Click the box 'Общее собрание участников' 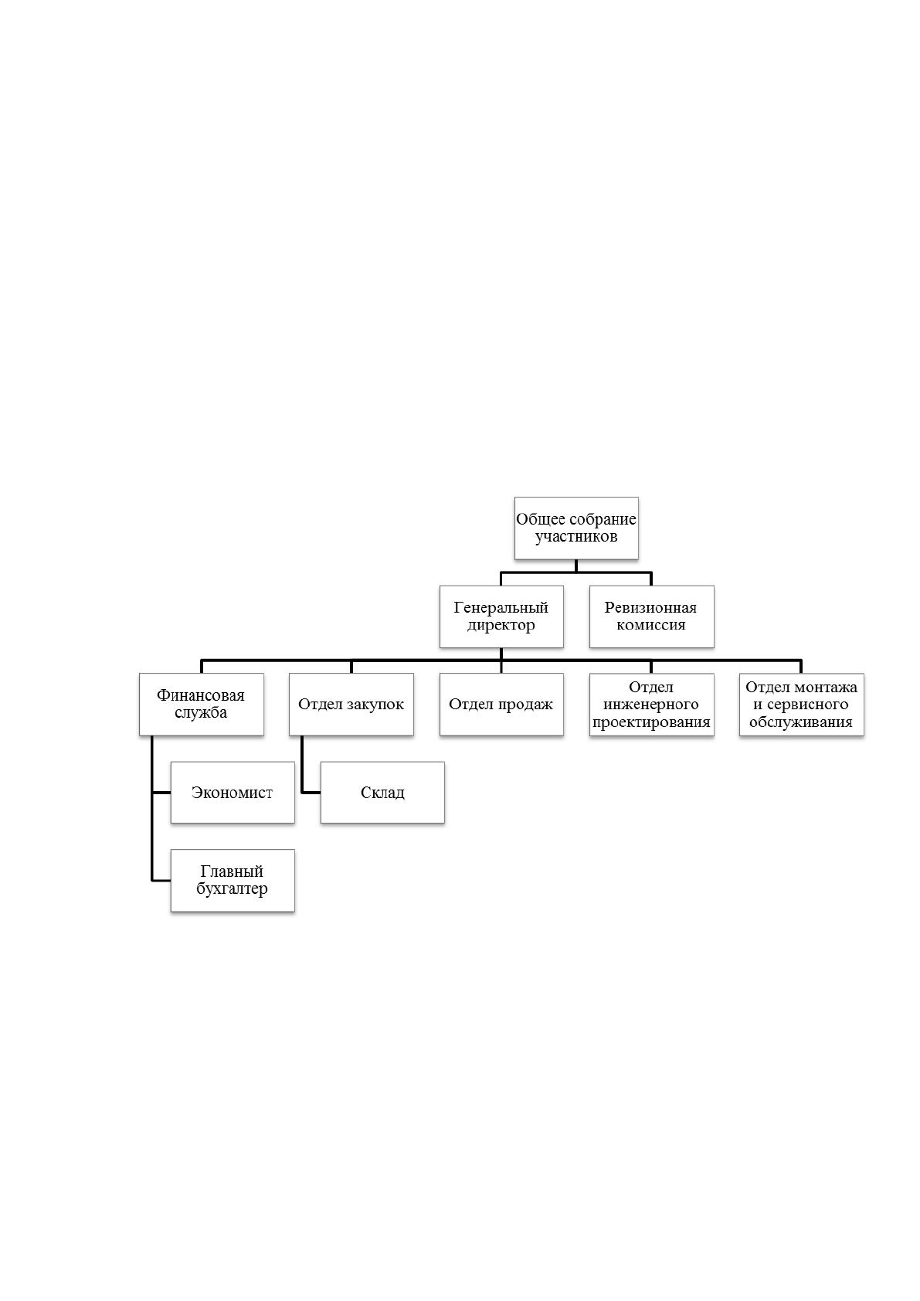tap(576, 528)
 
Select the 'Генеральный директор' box tap(501, 617)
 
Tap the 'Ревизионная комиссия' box tap(652, 617)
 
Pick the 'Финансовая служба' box tap(202, 705)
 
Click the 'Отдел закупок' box tap(351, 705)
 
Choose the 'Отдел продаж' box tap(501, 705)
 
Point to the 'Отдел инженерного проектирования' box tap(652, 705)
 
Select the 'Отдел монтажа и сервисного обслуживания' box tap(802, 705)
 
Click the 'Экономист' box tap(233, 792)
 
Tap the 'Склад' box tap(382, 792)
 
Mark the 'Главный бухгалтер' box tap(233, 881)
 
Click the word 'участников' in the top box tap(576, 537)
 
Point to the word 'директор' tap(501, 626)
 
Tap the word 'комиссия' tap(651, 625)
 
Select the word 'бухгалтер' tap(232, 889)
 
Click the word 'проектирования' tap(651, 722)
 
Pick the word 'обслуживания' tap(801, 722)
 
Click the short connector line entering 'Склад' tap(311, 792)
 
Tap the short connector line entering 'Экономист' tap(161, 792)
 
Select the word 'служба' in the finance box tap(201, 712)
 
